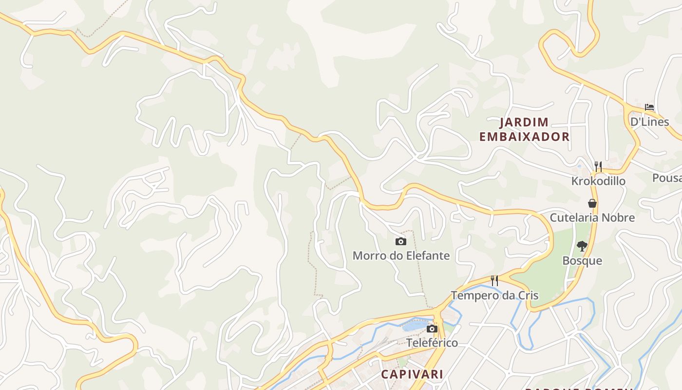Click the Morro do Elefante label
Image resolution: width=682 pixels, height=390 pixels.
coord(401,255)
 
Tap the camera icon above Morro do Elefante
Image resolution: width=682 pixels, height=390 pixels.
coord(400,241)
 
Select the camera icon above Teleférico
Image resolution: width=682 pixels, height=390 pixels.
coord(432,329)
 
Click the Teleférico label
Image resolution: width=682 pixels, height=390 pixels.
coord(432,343)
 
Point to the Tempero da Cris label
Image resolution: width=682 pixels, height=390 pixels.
coord(494,295)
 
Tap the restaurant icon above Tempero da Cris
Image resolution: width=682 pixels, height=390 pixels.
coord(494,280)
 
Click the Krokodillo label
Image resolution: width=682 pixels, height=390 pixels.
coord(598,181)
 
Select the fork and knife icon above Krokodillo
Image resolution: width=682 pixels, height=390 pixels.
coord(598,167)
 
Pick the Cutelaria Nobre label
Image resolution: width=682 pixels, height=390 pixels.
coord(592,217)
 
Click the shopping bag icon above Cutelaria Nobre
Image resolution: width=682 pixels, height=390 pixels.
coord(592,203)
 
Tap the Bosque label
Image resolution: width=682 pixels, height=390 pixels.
coord(582,260)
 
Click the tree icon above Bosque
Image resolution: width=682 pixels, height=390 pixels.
coord(582,246)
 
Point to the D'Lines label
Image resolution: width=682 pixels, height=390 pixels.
coord(649,121)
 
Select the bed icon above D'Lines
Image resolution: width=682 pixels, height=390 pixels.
coord(649,107)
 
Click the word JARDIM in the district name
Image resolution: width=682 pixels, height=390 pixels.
coord(524,122)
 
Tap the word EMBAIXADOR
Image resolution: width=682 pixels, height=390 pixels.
coord(524,136)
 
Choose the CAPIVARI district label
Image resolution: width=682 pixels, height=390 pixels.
coord(412,374)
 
